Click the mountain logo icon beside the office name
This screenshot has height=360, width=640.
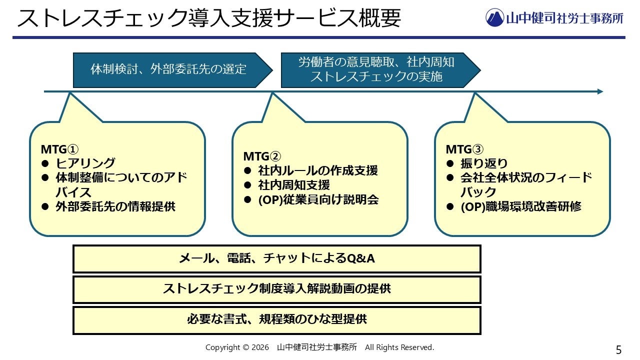click(494, 17)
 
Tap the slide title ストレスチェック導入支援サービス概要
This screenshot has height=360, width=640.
click(209, 18)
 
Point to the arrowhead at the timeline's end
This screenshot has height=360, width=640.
click(600, 91)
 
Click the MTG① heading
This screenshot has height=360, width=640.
click(59, 149)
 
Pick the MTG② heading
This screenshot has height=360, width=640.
click(262, 156)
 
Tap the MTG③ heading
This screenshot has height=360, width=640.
click(464, 149)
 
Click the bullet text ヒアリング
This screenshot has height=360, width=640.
click(85, 163)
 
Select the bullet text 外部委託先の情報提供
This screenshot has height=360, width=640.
click(115, 206)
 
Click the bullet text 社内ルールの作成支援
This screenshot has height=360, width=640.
click(318, 170)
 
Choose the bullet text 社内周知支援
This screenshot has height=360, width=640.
click(294, 185)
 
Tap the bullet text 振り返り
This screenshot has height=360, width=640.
click(484, 163)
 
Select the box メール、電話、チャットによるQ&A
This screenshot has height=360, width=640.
click(277, 258)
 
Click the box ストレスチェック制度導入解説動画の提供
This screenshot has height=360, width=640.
click(277, 289)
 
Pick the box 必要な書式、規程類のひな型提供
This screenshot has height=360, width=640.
click(277, 319)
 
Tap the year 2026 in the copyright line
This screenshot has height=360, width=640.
click(260, 347)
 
